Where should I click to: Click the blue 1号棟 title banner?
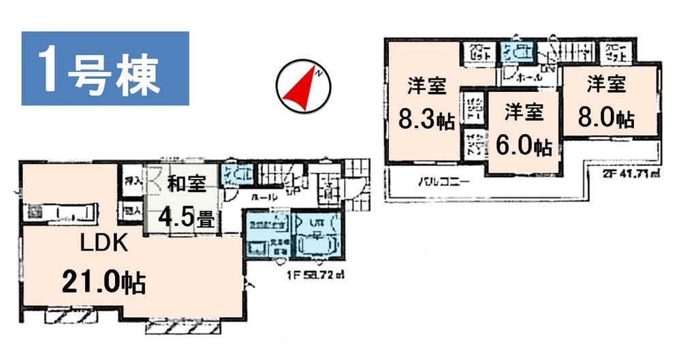105,69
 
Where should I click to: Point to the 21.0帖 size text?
104,281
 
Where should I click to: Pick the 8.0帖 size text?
607,119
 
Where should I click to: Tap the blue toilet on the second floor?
516,51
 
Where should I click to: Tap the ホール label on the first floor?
260,196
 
